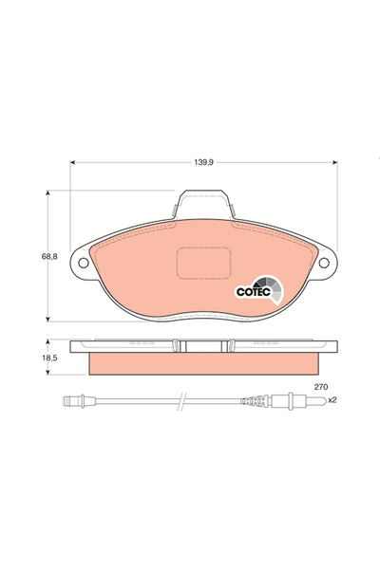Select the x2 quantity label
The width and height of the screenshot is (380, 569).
(x=332, y=400)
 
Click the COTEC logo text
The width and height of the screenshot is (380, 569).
(x=252, y=291)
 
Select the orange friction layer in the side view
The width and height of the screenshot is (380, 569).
(x=203, y=363)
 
